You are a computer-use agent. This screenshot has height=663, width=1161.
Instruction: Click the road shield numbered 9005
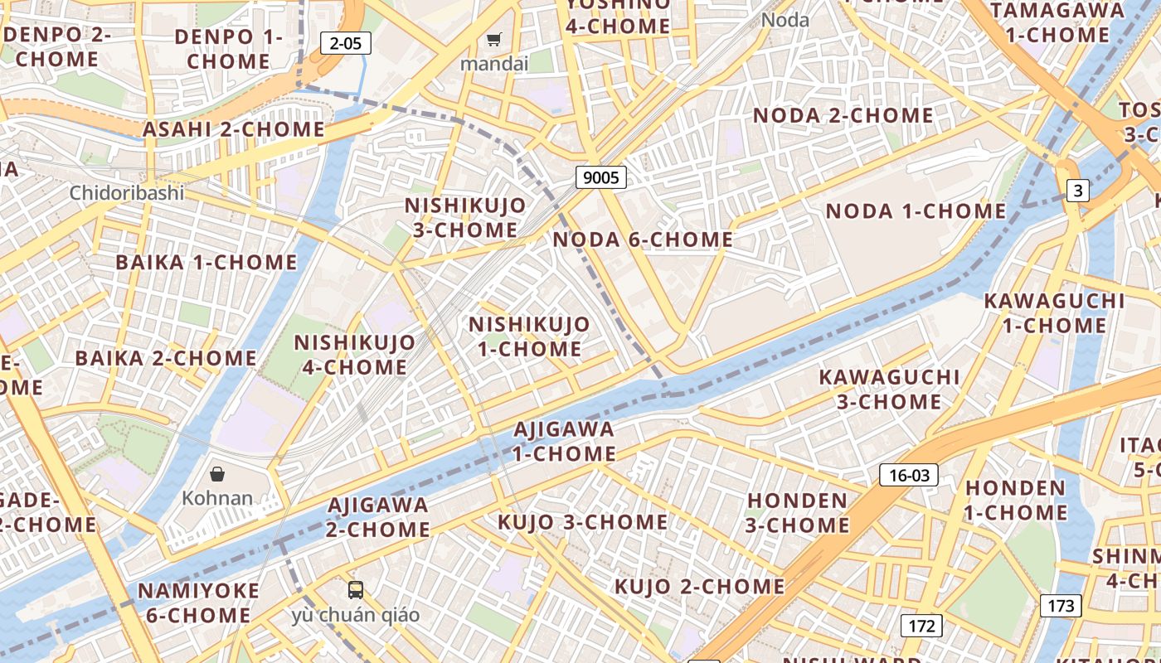click(x=600, y=177)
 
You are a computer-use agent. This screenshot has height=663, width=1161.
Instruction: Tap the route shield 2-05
click(x=345, y=43)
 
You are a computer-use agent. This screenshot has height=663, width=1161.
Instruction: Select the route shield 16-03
click(x=909, y=475)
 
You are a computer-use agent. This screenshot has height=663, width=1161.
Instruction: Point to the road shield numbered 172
click(x=921, y=626)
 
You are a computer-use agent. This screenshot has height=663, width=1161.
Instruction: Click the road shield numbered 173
click(x=1061, y=606)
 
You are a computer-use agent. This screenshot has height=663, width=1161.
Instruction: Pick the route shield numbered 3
click(x=1077, y=191)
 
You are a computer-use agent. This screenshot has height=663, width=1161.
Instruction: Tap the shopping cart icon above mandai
click(x=494, y=39)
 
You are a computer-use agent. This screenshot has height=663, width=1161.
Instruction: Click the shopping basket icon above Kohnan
click(x=216, y=474)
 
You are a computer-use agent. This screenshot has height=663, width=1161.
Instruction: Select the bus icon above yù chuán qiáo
click(x=356, y=590)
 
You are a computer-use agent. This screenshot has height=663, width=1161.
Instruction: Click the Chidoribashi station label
click(x=127, y=193)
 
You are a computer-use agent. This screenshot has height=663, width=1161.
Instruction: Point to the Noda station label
click(x=785, y=20)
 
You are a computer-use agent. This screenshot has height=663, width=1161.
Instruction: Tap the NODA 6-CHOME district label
click(x=643, y=240)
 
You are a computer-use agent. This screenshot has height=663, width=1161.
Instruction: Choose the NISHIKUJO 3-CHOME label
click(x=464, y=217)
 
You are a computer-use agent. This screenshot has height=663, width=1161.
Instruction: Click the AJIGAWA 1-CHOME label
click(x=564, y=442)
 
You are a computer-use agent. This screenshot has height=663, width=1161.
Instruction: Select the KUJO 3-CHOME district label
click(x=582, y=522)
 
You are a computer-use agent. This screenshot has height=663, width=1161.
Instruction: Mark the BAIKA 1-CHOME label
click(x=206, y=263)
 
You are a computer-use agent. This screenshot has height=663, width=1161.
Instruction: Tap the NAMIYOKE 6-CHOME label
click(x=198, y=603)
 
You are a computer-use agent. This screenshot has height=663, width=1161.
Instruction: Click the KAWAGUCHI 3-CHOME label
click(x=889, y=390)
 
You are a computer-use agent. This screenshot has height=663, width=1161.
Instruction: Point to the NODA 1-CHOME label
click(x=916, y=211)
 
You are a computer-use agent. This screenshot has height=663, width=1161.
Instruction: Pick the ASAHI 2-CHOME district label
click(x=234, y=129)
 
